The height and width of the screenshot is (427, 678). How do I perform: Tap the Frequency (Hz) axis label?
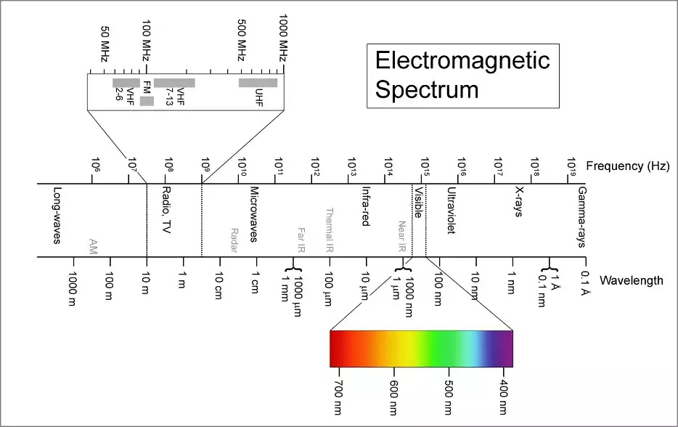626,166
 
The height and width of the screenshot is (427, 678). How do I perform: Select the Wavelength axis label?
632,280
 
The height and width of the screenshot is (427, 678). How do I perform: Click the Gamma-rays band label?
581,217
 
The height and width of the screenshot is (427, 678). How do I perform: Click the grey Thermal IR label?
329,229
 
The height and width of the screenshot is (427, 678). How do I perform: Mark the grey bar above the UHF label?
258,83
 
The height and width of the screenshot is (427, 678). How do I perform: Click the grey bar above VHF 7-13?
174,83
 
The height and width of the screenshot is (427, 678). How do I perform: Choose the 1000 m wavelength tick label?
72,288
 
